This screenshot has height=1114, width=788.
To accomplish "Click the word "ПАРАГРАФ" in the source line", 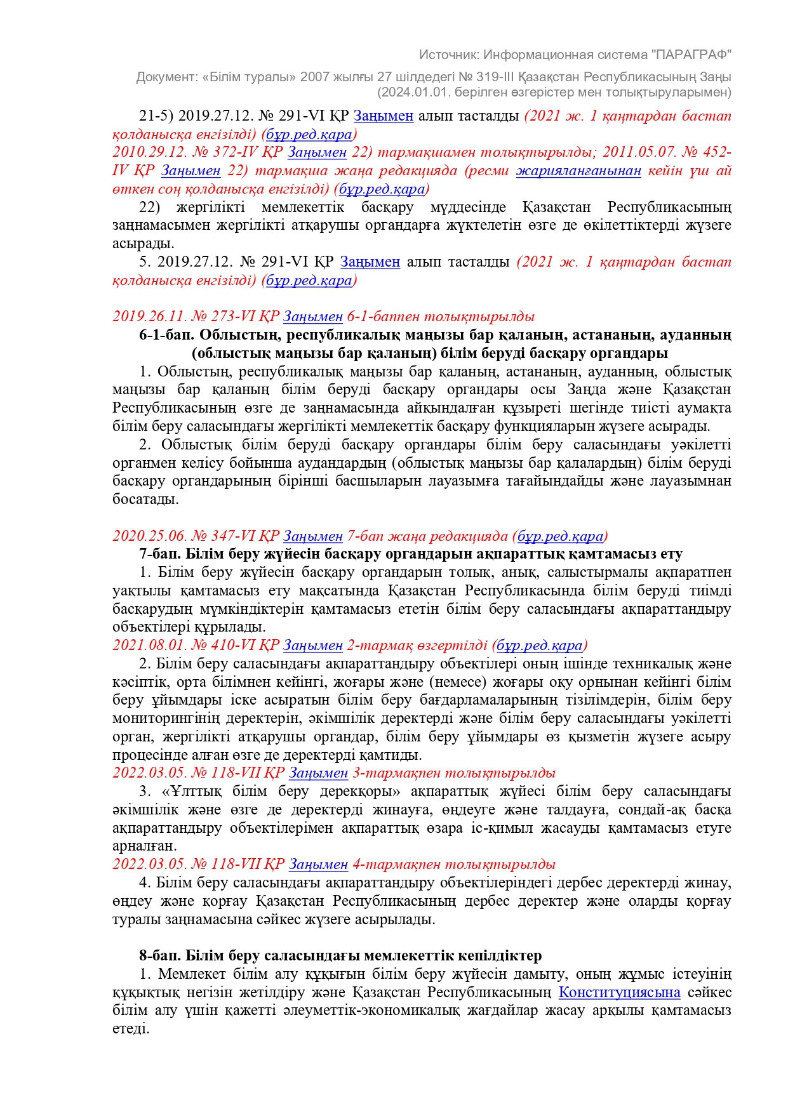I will [691, 55].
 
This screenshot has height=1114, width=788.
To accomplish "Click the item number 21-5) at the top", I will [156, 116].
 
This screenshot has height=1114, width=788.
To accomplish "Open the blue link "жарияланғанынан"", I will [578, 171].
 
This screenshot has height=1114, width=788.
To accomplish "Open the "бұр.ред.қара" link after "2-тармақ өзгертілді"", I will [539, 646].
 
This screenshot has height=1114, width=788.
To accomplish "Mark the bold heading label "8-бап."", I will [159, 955].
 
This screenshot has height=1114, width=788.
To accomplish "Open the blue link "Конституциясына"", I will [619, 992].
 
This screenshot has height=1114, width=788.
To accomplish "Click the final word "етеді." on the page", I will [131, 1029].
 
